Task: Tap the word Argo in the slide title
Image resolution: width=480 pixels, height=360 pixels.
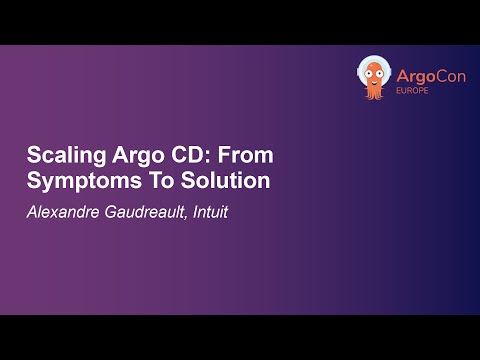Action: click(128, 157)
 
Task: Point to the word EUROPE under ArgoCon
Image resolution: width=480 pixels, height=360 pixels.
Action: click(415, 87)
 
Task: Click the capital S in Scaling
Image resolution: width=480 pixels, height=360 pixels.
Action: click(31, 157)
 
